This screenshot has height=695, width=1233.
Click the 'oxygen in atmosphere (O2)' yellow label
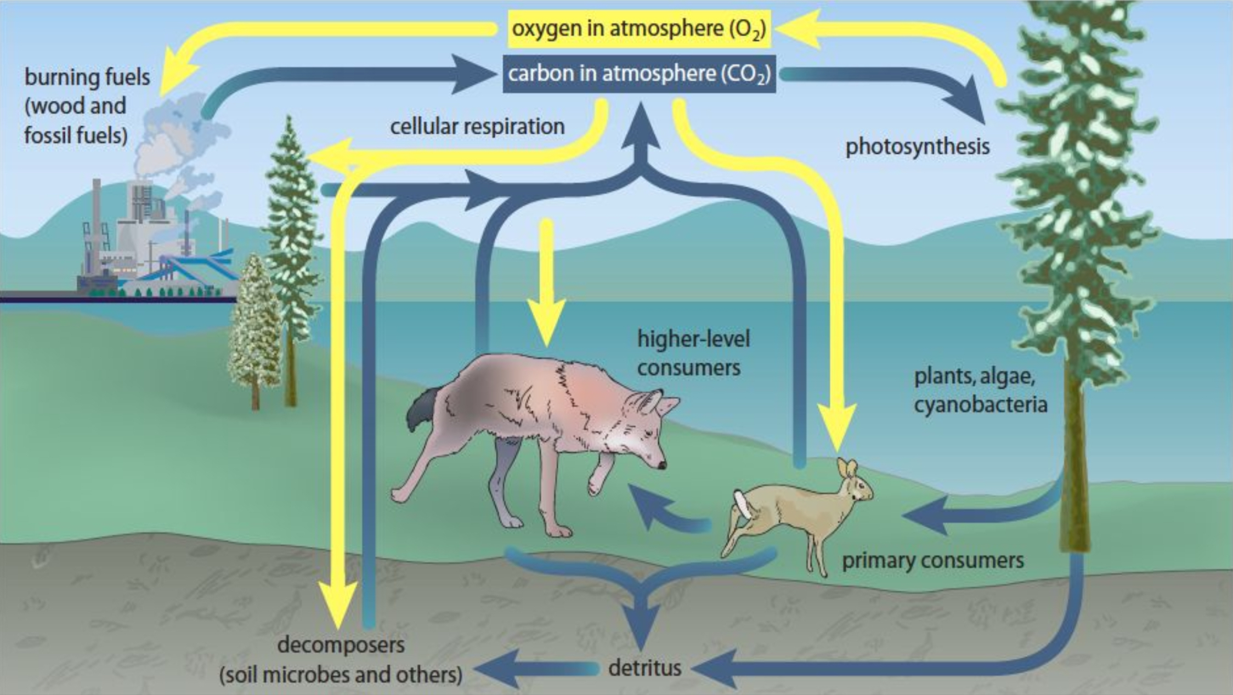click(638, 29)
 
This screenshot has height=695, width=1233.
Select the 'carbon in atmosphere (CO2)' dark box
click(639, 74)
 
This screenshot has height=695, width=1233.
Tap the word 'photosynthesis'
click(917, 147)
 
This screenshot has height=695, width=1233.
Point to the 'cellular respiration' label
click(477, 127)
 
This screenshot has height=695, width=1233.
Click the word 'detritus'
click(645, 668)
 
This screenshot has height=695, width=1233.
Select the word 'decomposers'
click(341, 645)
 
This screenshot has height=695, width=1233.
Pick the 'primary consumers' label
click(932, 561)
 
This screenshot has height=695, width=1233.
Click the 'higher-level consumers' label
click(692, 353)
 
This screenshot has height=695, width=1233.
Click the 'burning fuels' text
click(87, 77)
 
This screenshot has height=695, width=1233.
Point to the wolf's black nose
click(662, 466)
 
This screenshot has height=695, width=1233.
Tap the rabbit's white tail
click(741, 504)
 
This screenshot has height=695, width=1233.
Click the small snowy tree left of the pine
click(253, 329)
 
